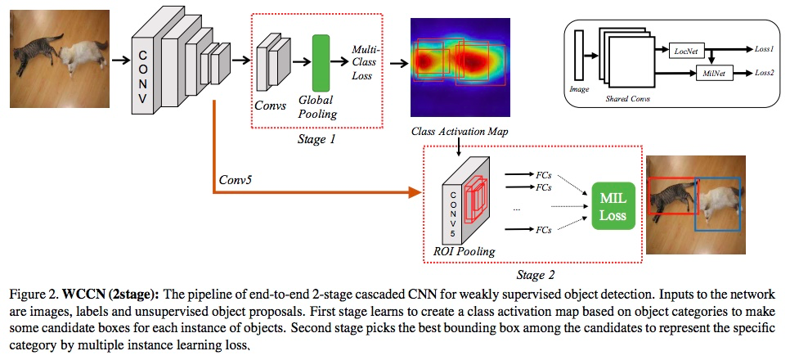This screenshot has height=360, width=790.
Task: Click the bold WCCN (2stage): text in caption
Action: click(99, 293)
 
